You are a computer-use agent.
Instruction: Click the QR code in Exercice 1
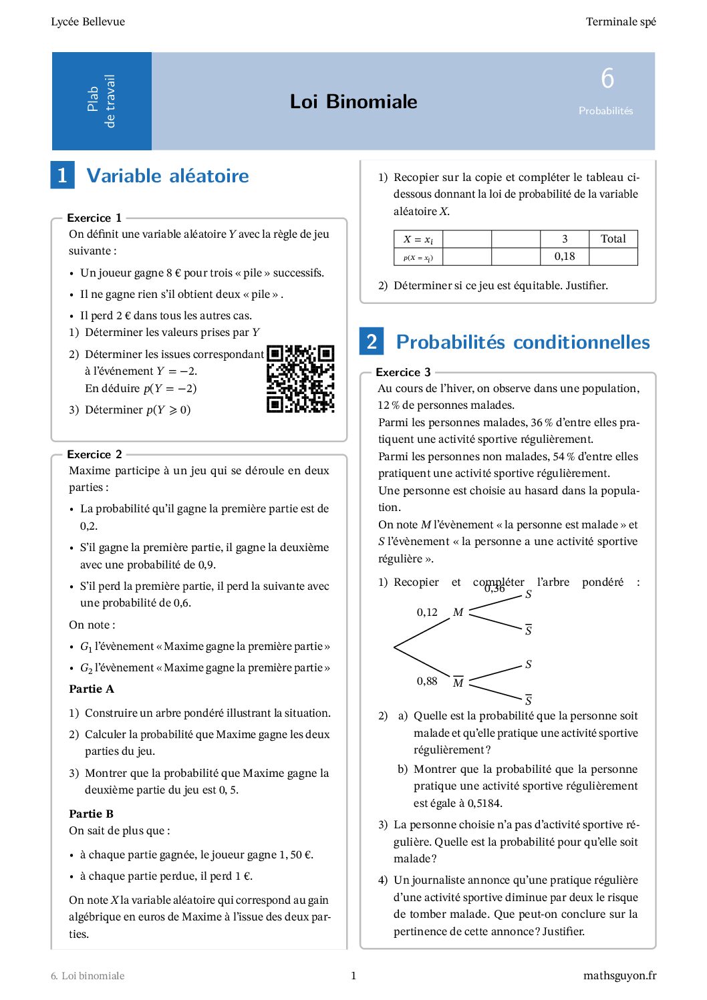(300, 379)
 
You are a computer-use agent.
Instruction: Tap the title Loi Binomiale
(353, 102)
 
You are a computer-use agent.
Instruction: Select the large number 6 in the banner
(607, 79)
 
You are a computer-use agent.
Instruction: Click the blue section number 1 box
(63, 176)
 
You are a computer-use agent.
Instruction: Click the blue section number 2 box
(372, 341)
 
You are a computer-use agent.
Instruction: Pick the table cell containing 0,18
(564, 257)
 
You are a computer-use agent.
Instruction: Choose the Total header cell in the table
(613, 239)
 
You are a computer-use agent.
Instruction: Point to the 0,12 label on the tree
(427, 612)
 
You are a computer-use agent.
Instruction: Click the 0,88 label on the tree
(427, 681)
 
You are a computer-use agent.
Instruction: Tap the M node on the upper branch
(458, 612)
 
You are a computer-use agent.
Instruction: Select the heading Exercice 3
(403, 372)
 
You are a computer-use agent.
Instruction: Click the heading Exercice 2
(94, 454)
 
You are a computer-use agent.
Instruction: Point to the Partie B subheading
(92, 814)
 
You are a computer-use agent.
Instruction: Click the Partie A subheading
(92, 689)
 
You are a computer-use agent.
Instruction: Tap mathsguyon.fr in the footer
(619, 975)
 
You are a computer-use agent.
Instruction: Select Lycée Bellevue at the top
(88, 21)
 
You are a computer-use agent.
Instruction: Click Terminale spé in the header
(621, 21)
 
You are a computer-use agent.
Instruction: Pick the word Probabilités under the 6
(605, 111)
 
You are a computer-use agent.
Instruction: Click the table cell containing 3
(564, 239)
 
